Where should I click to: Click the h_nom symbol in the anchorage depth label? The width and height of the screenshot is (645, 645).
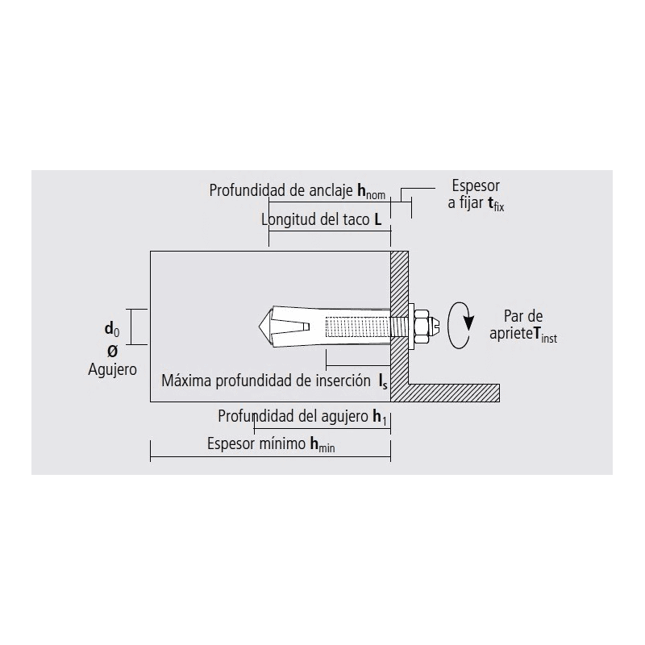point(371,191)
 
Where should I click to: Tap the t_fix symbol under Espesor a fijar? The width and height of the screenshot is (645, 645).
point(496,204)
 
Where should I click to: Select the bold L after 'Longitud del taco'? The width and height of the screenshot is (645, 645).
point(377,219)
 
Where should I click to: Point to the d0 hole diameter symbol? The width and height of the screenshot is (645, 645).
point(112,330)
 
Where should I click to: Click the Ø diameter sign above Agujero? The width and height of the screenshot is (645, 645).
point(112,351)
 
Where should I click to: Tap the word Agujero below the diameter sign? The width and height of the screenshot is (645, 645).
point(112,370)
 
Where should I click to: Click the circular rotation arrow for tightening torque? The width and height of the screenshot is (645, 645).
point(460,326)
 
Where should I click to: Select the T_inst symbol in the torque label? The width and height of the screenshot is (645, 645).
point(545,335)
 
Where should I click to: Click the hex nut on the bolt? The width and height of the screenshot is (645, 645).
point(421,327)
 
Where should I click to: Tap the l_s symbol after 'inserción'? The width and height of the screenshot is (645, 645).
point(383,381)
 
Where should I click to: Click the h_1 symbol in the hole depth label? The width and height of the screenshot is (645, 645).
point(380,417)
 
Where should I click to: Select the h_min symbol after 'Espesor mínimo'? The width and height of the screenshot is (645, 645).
point(322,445)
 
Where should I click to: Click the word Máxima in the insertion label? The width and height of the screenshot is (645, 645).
point(186,381)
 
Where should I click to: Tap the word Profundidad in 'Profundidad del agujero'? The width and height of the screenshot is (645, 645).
point(252,416)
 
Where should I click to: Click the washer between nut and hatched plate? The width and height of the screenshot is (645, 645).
point(411,327)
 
